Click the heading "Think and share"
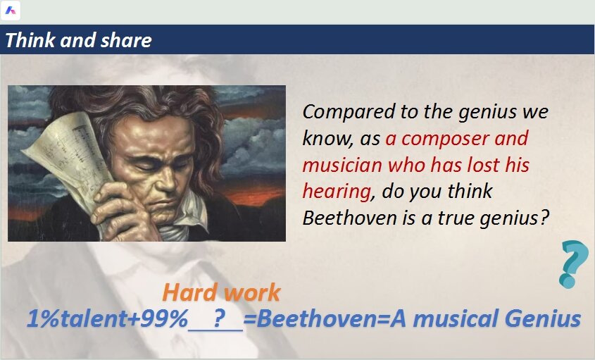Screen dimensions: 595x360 [x=79, y=40]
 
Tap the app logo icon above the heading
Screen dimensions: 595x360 [x=11, y=11]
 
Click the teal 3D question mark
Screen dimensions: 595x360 [x=574, y=264]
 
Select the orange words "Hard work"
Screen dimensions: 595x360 [x=221, y=292]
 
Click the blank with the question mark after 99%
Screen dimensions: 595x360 [x=215, y=320]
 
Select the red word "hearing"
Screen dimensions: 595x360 [x=337, y=192]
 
